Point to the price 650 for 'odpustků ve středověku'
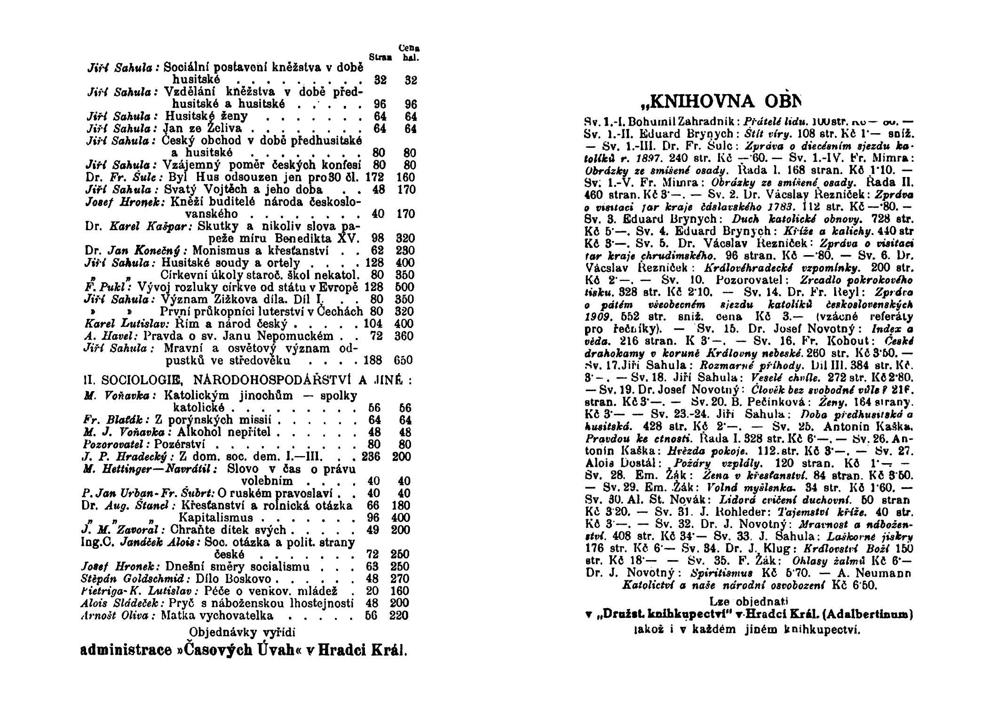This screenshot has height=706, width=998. coord(403,361)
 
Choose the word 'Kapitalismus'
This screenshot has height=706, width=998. coord(217,518)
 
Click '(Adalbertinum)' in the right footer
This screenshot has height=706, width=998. coord(875,614)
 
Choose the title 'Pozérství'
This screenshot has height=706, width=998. coord(181,444)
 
